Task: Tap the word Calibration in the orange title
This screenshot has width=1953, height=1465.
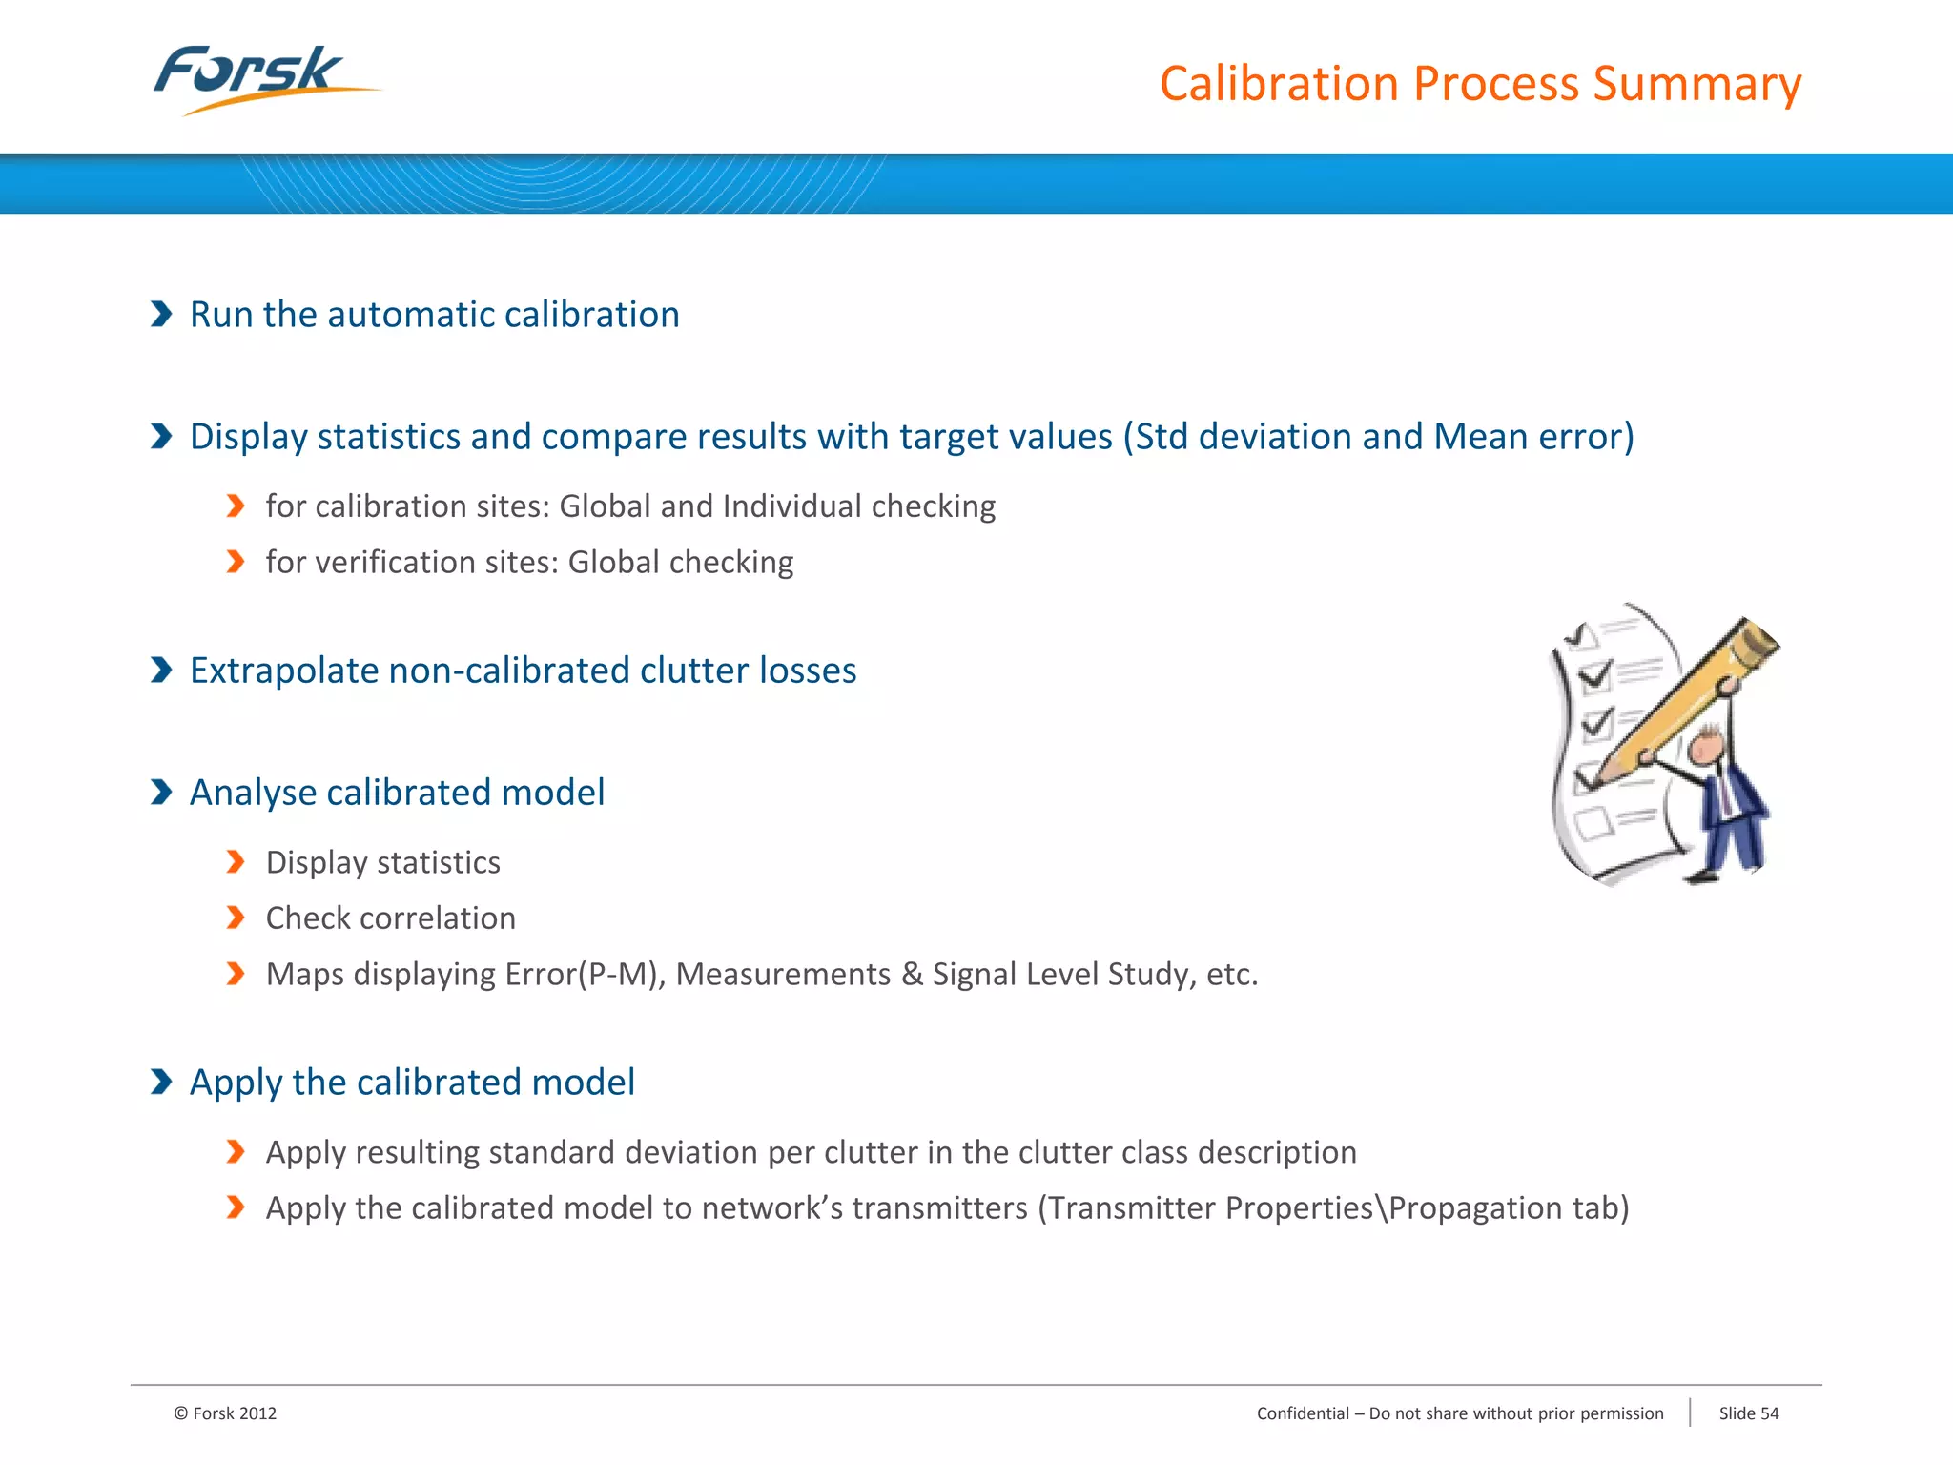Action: (1279, 84)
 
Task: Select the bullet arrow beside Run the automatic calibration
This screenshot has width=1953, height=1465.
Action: (161, 314)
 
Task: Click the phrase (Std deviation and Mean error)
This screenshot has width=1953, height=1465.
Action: (1378, 437)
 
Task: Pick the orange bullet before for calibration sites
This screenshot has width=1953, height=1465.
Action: (236, 506)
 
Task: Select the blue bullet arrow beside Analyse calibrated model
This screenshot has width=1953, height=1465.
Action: (161, 792)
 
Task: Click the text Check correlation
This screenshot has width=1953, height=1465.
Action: (390, 918)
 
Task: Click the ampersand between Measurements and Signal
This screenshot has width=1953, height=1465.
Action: (912, 974)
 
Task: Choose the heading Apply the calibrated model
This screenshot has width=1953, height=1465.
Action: (412, 1083)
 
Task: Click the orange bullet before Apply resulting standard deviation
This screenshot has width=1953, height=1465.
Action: (236, 1152)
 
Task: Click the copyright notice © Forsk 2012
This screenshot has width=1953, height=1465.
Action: (225, 1413)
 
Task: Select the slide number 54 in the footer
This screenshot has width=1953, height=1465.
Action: (1769, 1413)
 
